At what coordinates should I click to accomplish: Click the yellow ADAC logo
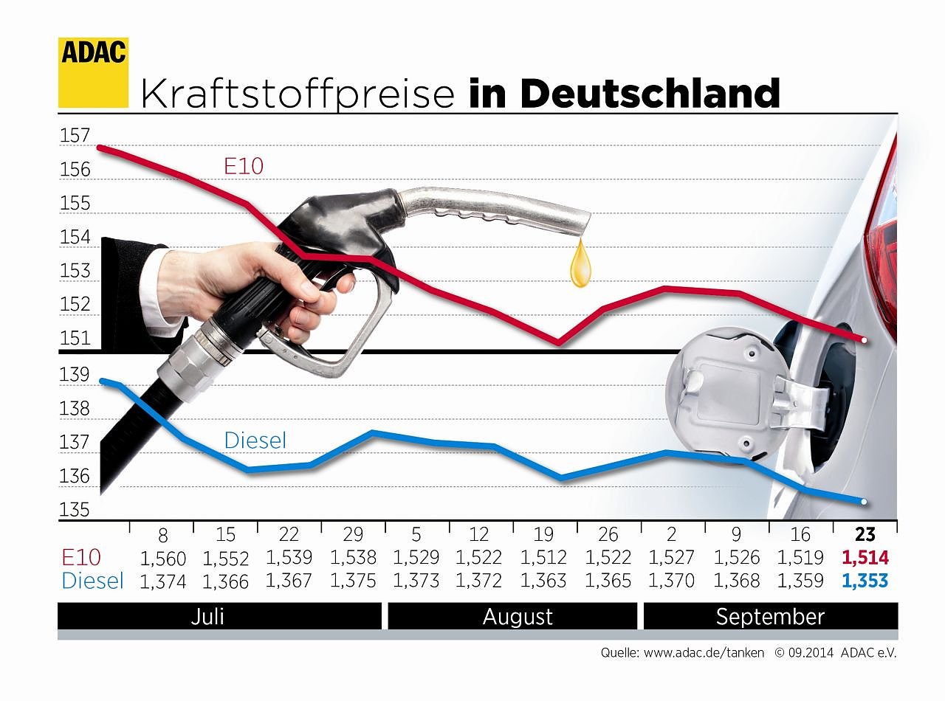click(93, 72)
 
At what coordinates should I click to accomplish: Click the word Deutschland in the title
click(649, 94)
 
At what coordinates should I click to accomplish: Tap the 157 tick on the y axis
click(75, 136)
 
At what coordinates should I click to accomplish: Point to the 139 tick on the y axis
click(75, 374)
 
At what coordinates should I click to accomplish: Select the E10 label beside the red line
click(244, 166)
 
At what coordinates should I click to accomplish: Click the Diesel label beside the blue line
click(255, 441)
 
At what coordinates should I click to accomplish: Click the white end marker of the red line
click(862, 339)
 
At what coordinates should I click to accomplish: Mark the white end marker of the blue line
click(862, 502)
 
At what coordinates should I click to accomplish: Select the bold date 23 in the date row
click(865, 534)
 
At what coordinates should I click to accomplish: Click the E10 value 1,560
click(162, 558)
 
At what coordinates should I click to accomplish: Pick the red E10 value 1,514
click(865, 558)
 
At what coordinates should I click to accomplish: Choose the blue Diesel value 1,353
click(865, 581)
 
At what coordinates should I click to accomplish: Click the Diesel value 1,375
click(354, 581)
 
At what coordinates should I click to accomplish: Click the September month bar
click(770, 616)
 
